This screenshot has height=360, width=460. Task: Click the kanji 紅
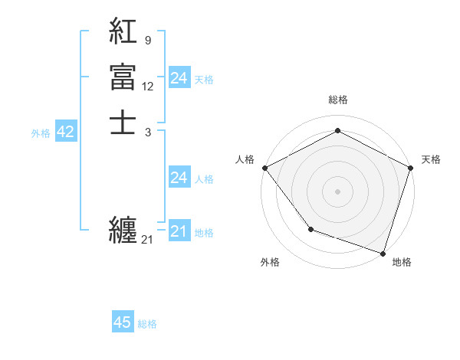click(x=123, y=31)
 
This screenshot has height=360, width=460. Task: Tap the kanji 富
click(x=123, y=77)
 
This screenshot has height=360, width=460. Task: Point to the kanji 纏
click(x=123, y=229)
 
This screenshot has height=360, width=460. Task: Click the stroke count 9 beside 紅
click(x=147, y=39)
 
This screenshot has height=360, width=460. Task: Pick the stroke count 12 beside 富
click(x=148, y=86)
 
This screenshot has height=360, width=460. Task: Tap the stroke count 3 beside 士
click(x=147, y=132)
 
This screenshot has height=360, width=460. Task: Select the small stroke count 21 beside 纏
click(x=147, y=240)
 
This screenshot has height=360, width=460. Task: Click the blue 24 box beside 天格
click(x=179, y=78)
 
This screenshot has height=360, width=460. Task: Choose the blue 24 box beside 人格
click(x=179, y=178)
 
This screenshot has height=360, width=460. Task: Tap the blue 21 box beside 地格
click(x=179, y=231)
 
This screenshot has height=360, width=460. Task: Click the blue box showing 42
click(x=65, y=132)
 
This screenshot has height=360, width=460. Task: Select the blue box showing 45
click(x=123, y=322)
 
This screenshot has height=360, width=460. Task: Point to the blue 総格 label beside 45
click(x=147, y=324)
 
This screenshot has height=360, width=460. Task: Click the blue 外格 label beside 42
click(x=41, y=133)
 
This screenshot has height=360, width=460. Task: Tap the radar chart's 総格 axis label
click(x=337, y=100)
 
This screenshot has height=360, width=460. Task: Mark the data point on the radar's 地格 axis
click(x=383, y=253)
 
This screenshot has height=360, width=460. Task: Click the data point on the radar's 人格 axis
click(x=264, y=167)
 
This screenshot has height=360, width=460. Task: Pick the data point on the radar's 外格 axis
click(x=310, y=228)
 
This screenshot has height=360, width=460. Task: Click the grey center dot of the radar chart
click(x=337, y=191)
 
